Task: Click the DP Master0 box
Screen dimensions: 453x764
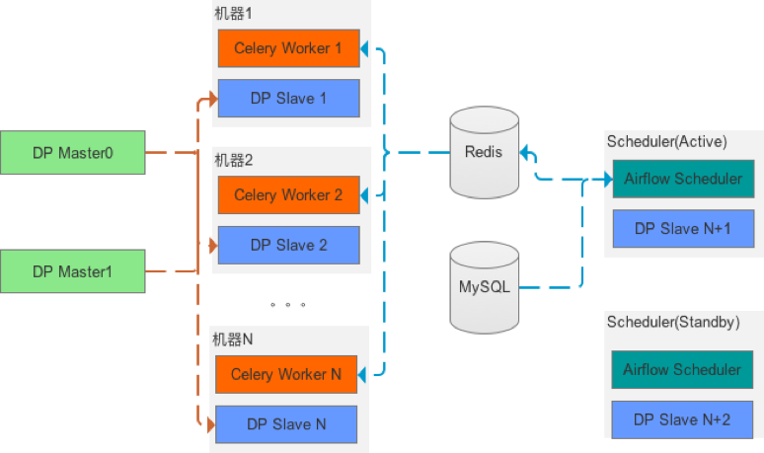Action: click(73, 153)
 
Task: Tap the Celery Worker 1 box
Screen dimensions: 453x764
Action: click(288, 48)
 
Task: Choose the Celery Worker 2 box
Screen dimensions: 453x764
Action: click(288, 195)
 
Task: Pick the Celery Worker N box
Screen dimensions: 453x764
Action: click(286, 374)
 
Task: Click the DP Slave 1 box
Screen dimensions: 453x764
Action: click(288, 99)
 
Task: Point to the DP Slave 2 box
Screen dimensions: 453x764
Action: click(288, 245)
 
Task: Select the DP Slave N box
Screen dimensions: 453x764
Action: click(286, 424)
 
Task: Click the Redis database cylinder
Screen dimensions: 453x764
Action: click(484, 153)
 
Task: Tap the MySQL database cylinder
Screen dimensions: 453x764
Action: click(484, 288)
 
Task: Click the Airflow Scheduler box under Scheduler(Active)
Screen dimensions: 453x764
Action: click(683, 179)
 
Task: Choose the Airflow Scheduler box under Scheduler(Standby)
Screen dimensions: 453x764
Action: click(682, 370)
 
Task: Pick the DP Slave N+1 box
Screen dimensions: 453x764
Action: click(683, 228)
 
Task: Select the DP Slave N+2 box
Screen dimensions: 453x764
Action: click(682, 419)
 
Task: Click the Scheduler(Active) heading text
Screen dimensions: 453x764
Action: click(667, 142)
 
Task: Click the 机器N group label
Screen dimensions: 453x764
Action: click(234, 340)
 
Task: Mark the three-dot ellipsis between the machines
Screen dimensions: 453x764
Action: click(287, 305)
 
